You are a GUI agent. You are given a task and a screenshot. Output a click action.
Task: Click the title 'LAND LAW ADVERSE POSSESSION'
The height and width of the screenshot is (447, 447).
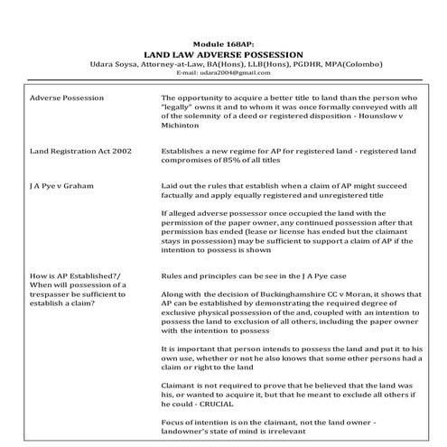point(223,54)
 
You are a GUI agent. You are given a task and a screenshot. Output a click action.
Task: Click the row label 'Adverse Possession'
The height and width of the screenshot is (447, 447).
point(67,97)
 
